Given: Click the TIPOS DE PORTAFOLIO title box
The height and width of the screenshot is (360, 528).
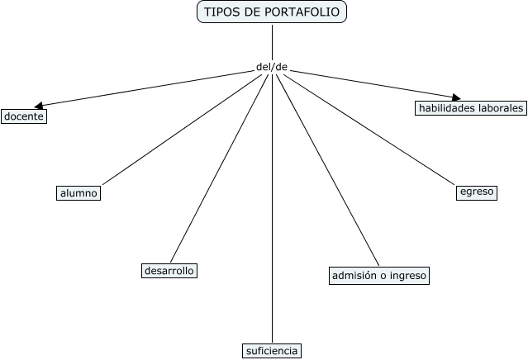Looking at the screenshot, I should (x=272, y=12).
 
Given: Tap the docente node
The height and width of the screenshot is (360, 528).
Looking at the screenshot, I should (x=23, y=116).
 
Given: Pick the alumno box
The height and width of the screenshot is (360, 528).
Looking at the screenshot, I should (x=78, y=193).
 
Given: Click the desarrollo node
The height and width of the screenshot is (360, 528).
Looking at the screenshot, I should (x=169, y=271).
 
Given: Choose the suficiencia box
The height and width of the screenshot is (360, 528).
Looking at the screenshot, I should (x=271, y=351).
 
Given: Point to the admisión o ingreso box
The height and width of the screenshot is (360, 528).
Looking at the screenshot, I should (x=378, y=276).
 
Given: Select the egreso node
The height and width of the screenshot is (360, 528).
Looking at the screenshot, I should (x=477, y=192).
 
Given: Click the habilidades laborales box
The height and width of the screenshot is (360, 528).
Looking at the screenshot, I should (x=471, y=108).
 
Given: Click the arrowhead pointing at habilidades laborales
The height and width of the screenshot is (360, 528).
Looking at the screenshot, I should (x=455, y=98).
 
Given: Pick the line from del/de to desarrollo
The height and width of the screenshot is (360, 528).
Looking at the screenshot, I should (x=219, y=168).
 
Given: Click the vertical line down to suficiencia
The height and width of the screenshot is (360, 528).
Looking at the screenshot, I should (x=272, y=206).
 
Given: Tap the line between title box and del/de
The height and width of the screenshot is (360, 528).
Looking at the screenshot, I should (x=272, y=41).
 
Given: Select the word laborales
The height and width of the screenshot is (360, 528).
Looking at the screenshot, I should (x=501, y=108).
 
